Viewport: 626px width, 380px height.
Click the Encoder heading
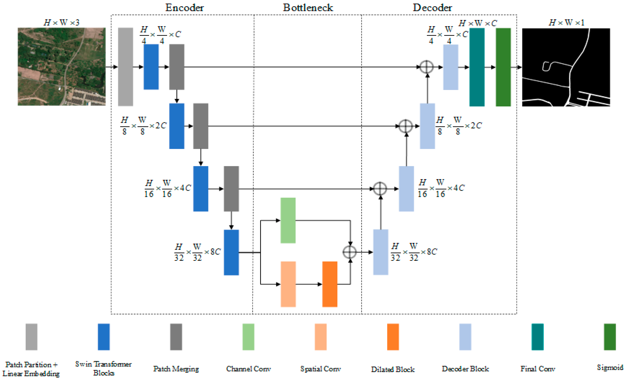click(x=184, y=8)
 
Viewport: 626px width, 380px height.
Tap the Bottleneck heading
click(x=308, y=8)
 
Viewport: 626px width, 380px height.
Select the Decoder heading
click(x=432, y=8)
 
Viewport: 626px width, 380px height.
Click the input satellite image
click(x=62, y=66)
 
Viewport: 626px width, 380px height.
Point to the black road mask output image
click(x=566, y=67)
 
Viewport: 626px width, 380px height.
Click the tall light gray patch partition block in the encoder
click(x=125, y=67)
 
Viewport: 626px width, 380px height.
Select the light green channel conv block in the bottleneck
click(x=288, y=220)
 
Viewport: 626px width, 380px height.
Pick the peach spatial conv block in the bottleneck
click(x=288, y=284)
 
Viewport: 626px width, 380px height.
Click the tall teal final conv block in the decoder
click(x=477, y=67)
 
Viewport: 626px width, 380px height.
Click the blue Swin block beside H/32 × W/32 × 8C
click(x=231, y=252)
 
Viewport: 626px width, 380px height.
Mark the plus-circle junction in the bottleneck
click(x=350, y=252)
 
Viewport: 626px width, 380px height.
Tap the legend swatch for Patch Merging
click(x=176, y=337)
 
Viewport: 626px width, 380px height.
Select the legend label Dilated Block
click(x=393, y=369)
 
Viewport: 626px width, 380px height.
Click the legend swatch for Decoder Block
click(x=465, y=337)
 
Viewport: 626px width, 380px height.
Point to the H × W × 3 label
click(x=62, y=23)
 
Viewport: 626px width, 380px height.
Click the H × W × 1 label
click(x=566, y=23)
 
